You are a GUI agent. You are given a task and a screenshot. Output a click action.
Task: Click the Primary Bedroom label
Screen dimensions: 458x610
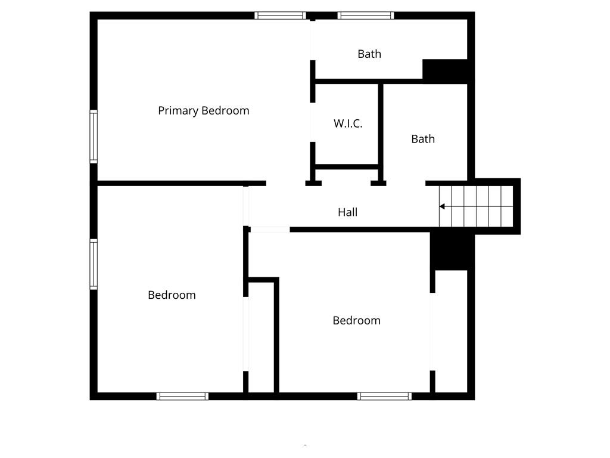203,110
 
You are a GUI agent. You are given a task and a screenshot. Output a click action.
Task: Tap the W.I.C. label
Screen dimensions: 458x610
348,123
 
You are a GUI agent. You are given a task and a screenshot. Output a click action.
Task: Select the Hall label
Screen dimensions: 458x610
347,212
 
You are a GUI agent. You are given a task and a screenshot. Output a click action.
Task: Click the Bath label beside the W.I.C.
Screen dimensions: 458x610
423,139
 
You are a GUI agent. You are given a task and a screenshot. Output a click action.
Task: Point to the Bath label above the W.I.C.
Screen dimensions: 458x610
369,54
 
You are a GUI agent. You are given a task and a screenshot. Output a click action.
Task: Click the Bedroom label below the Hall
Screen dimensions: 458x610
356,320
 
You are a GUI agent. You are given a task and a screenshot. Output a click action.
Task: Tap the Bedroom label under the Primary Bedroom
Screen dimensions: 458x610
172,295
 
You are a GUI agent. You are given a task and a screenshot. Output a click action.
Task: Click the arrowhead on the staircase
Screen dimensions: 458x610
442,206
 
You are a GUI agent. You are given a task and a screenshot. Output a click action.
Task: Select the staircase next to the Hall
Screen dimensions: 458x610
476,206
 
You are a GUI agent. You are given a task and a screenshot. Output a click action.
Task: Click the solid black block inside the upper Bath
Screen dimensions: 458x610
445,70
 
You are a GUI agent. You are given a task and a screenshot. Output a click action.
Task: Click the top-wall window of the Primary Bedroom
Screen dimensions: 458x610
280,16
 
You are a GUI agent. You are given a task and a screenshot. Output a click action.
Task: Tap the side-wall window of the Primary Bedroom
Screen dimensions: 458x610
94,136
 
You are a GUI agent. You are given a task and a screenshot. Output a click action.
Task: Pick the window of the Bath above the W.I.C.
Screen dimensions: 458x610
366,16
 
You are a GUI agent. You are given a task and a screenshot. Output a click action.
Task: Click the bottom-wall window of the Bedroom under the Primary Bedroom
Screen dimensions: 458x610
182,396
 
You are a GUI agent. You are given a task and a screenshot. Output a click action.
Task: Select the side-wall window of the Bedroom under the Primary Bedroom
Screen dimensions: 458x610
94,264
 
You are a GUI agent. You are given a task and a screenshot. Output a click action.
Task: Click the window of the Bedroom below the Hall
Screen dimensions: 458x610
384,396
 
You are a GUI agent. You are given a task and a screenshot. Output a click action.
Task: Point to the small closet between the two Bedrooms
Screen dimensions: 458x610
261,337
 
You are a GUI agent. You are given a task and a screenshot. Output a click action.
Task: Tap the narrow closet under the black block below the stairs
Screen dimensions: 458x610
451,331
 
